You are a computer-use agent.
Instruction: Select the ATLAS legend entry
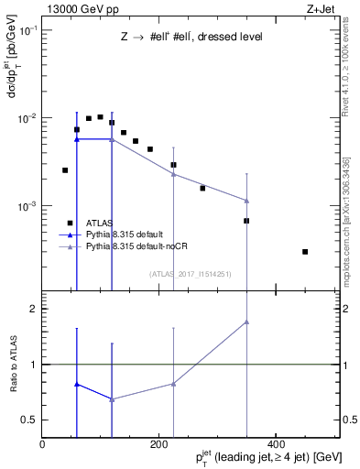point(100,223)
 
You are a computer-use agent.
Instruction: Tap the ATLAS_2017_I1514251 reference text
point(191,273)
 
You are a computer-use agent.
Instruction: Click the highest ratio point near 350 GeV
point(246,322)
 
